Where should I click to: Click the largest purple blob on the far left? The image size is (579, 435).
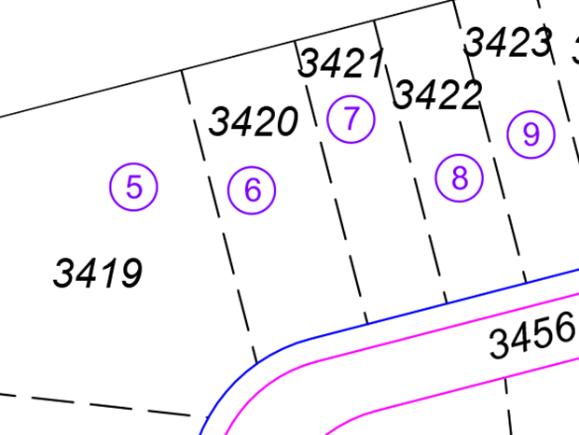coord(117,182)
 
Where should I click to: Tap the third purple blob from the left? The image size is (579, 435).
coord(354,126)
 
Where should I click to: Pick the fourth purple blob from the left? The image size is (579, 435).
coord(457,182)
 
